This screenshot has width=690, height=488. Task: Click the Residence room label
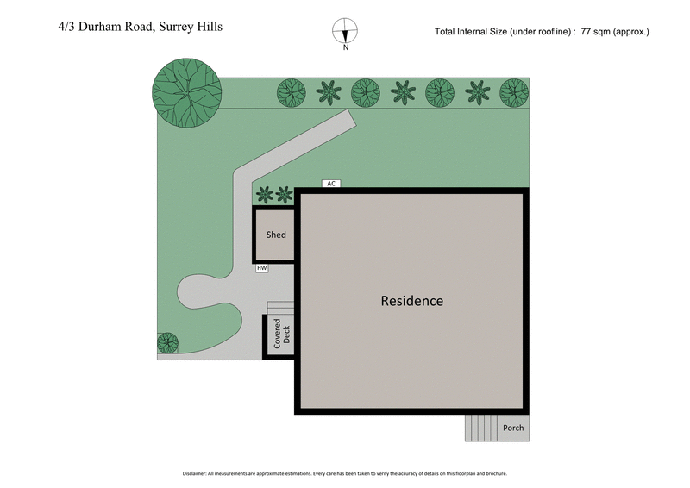pos(412,301)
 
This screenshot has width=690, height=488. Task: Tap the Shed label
pos(276,235)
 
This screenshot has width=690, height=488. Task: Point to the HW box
pos(262,269)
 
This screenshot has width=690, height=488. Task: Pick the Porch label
pos(513,428)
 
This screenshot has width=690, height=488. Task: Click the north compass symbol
pos(345,30)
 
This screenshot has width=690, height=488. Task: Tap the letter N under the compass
pos(345,48)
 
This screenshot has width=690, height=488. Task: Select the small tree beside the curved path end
pos(167,343)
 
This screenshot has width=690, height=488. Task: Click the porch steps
pos(481,428)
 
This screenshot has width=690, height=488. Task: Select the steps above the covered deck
pos(280,308)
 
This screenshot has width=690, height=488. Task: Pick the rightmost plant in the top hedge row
pos(513,91)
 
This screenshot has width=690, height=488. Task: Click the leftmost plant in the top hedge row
pos(291,91)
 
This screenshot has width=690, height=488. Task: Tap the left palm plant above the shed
pos(265,195)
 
